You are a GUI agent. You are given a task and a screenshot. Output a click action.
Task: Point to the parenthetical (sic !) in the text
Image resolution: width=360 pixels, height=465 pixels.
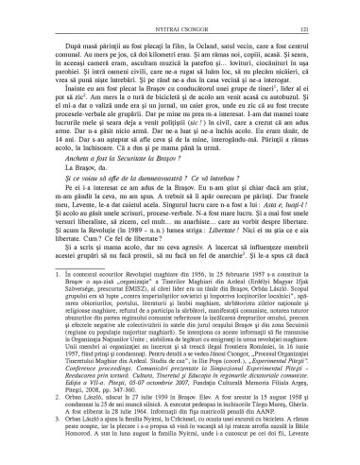(209, 139)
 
